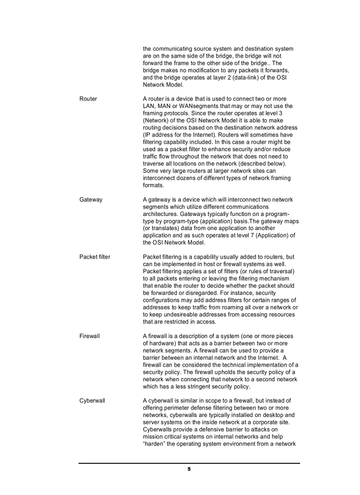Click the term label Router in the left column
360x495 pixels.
pyautogui.click(x=88, y=99)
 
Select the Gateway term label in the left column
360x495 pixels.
pyautogui.click(x=91, y=200)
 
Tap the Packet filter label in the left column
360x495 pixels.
pyautogui.click(x=95, y=257)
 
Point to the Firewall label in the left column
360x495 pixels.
pyautogui.click(x=90, y=336)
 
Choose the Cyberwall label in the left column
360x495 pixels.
pyautogui.click(x=92, y=401)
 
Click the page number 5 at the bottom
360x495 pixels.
pyautogui.click(x=189, y=469)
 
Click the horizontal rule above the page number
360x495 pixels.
pyautogui.click(x=189, y=463)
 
